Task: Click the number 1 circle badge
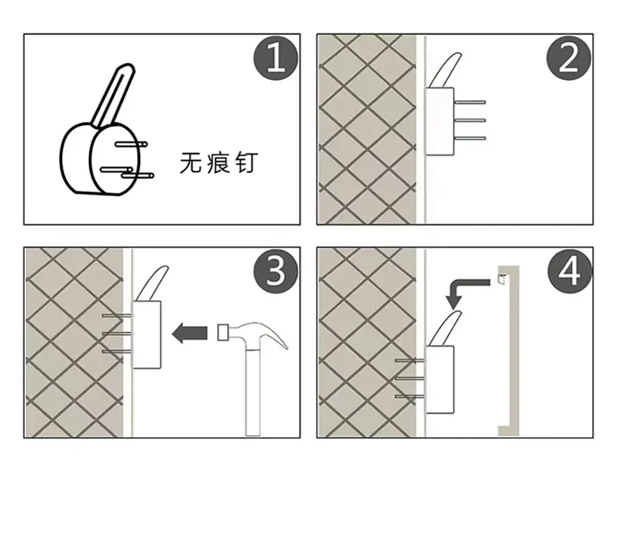tap(276, 58)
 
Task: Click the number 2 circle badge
tap(569, 58)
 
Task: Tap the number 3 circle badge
tap(276, 271)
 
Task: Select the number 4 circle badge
tap(570, 271)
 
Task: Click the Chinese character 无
tap(191, 162)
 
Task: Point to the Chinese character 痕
tap(218, 162)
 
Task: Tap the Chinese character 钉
tap(246, 162)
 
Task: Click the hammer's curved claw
tap(273, 334)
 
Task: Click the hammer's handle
tap(253, 392)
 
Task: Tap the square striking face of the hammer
tap(223, 333)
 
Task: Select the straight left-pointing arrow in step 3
tap(190, 333)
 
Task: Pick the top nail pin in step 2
tap(470, 102)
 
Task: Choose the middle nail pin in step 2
tap(470, 120)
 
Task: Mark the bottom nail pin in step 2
tap(470, 138)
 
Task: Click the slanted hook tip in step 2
tap(446, 70)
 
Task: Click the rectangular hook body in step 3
tap(146, 335)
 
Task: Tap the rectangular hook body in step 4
tap(439, 379)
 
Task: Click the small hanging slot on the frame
tap(501, 279)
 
